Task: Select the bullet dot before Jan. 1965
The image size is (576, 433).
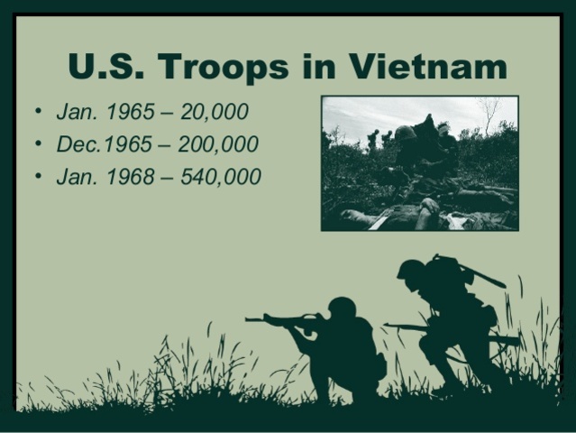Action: (x=37, y=113)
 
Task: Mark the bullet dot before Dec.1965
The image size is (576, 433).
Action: (x=37, y=144)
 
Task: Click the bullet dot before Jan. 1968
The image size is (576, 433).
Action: (x=37, y=176)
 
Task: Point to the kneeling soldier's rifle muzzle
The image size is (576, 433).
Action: (x=249, y=318)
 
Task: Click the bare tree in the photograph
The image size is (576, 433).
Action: (x=489, y=115)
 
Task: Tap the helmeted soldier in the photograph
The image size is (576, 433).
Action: (x=406, y=135)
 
